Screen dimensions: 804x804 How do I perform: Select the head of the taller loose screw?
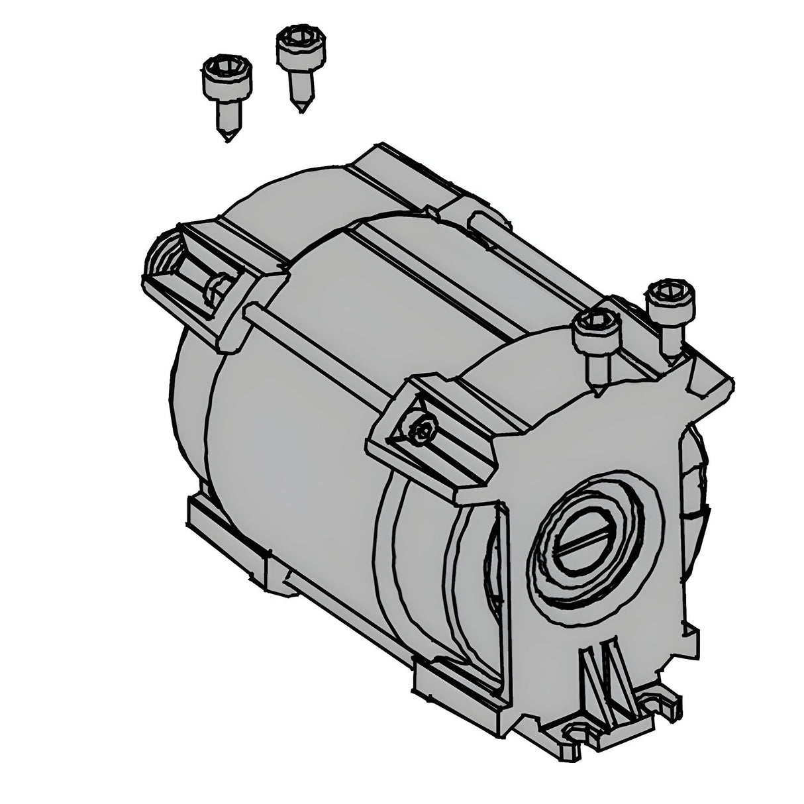pyautogui.click(x=295, y=40)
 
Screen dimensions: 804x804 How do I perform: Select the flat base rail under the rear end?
pyautogui.click(x=225, y=536)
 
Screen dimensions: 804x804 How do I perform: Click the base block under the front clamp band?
pyautogui.click(x=457, y=689)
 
